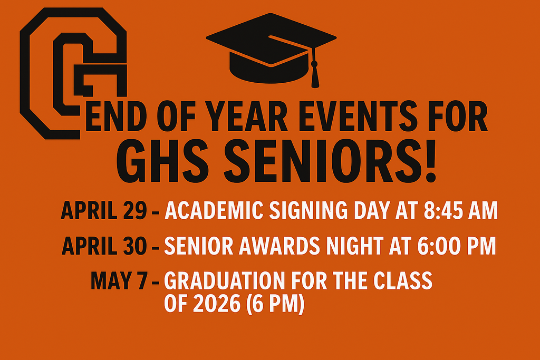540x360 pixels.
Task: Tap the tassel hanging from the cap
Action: click(315, 74)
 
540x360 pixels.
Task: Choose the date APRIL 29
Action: click(104, 211)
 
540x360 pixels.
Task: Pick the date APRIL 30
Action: click(104, 246)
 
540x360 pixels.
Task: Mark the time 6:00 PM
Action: click(460, 246)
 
